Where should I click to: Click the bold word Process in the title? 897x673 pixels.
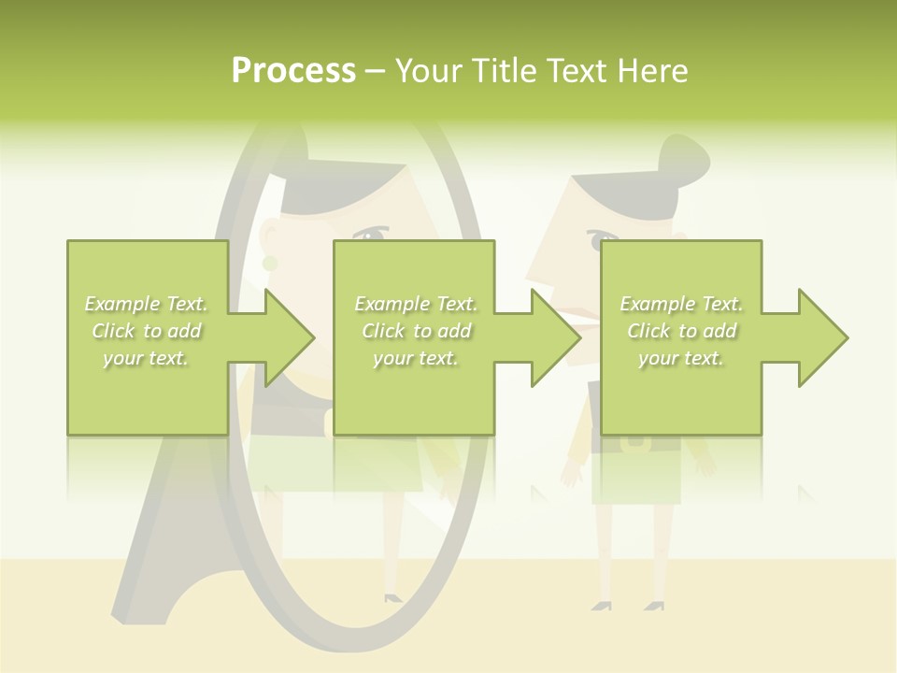click(293, 71)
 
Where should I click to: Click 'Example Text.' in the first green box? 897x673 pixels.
click(146, 304)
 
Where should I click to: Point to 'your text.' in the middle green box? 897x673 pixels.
click(415, 358)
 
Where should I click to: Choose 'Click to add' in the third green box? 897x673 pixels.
click(681, 331)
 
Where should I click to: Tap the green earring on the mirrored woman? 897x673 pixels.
click(270, 265)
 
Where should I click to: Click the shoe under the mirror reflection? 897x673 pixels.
click(393, 596)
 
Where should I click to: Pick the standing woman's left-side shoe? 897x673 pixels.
click(602, 606)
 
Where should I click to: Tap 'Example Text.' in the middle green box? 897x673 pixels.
click(415, 304)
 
